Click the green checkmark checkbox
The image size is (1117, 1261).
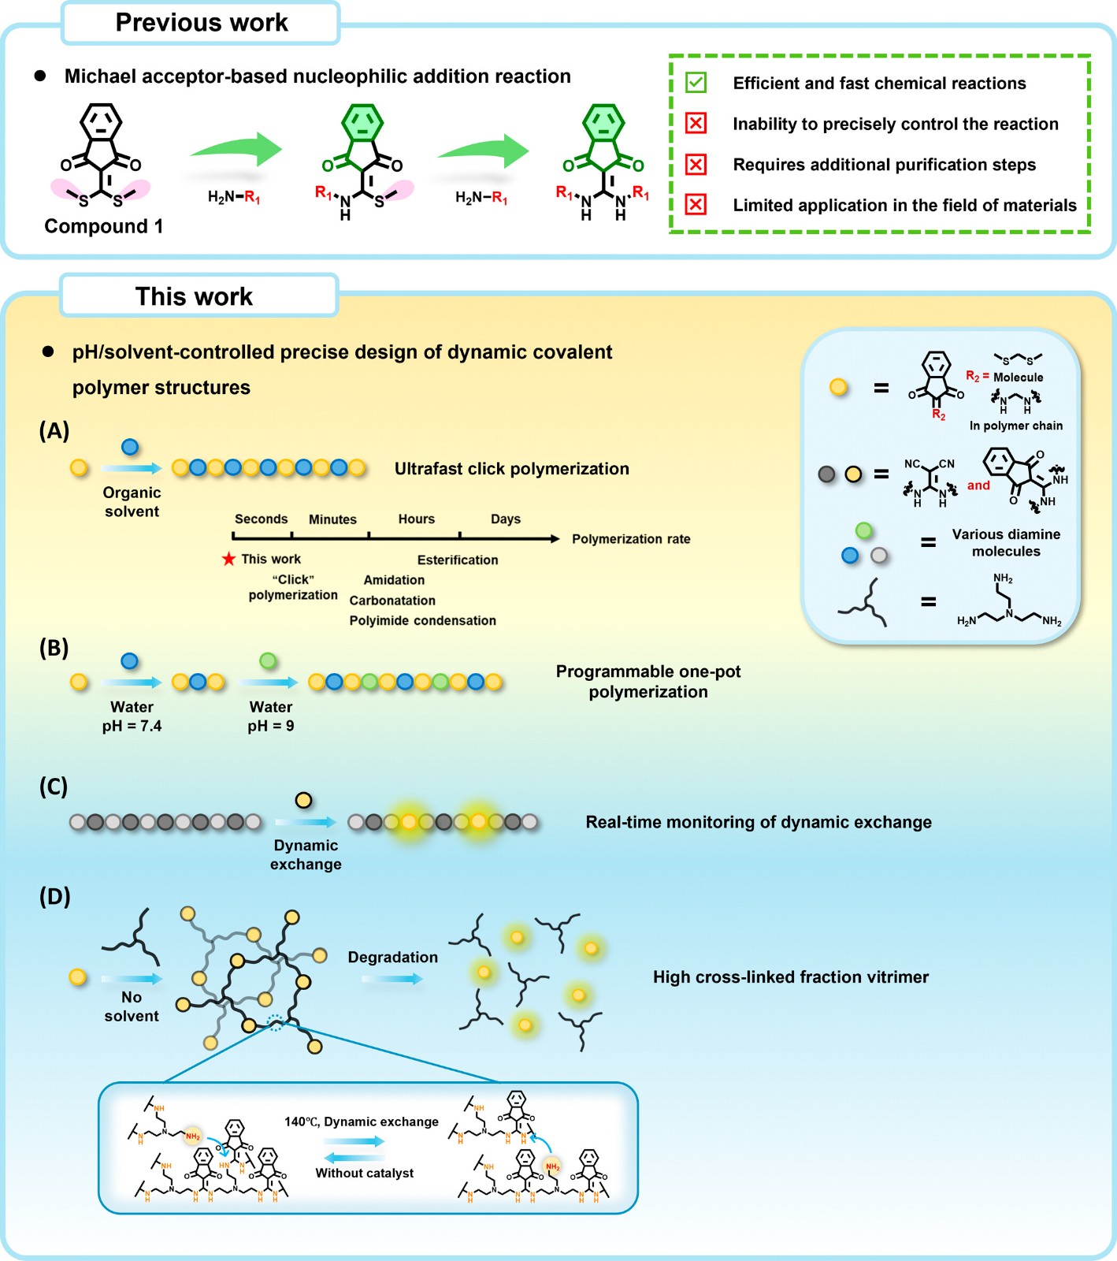pyautogui.click(x=696, y=83)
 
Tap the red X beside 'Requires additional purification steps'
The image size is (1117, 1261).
pyautogui.click(x=696, y=164)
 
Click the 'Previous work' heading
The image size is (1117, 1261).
pyautogui.click(x=202, y=23)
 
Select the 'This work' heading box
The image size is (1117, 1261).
pyautogui.click(x=199, y=296)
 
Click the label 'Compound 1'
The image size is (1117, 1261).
pyautogui.click(x=104, y=226)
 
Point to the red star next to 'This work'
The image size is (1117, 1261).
pyautogui.click(x=228, y=559)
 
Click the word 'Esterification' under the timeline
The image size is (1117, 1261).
pyautogui.click(x=458, y=560)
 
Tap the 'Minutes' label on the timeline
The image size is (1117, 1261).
pyautogui.click(x=332, y=519)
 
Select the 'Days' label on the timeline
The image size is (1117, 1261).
pyautogui.click(x=506, y=519)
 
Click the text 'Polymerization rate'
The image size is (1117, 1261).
pyautogui.click(x=631, y=539)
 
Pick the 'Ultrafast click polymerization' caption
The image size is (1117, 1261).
pyautogui.click(x=512, y=469)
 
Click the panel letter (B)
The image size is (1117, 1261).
pyautogui.click(x=54, y=648)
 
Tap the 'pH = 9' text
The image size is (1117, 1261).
pyautogui.click(x=271, y=726)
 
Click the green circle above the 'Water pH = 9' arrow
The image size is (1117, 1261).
pyautogui.click(x=268, y=660)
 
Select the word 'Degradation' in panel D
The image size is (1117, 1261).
pyautogui.click(x=393, y=958)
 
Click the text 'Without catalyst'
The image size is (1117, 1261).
pyautogui.click(x=365, y=1173)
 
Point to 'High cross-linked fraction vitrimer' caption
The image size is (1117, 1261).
pyautogui.click(x=791, y=977)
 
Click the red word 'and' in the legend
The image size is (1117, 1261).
pyautogui.click(x=978, y=485)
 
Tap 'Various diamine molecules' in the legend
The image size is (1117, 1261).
pyautogui.click(x=1006, y=542)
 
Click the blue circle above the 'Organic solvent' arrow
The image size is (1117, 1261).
pyautogui.click(x=130, y=447)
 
